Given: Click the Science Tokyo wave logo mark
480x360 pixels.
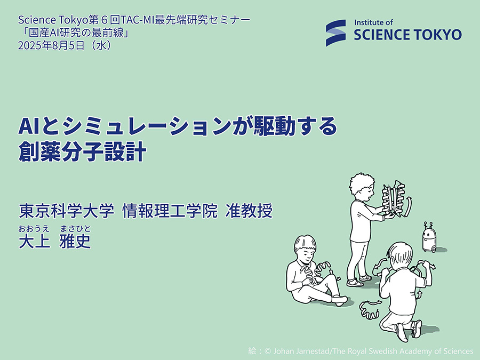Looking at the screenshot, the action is tap(336, 33).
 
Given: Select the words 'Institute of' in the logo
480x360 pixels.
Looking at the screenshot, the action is tap(373, 22).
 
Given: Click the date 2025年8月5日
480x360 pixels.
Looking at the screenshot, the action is tap(51, 45).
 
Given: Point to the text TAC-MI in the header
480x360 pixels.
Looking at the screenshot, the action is tap(138, 20).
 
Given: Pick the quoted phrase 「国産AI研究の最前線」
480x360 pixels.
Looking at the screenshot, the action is tap(74, 33).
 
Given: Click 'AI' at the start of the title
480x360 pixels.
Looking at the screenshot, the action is tap(29, 126).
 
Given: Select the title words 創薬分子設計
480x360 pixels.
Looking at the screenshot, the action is tap(82, 151).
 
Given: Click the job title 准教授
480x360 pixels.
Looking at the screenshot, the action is tap(249, 211).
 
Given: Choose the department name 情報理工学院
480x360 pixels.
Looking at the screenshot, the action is tap(170, 211).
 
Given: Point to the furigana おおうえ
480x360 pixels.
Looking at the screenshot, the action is tap(34, 229).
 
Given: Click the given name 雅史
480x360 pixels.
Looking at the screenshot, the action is tap(75, 241).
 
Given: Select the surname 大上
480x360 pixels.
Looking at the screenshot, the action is tap(34, 241).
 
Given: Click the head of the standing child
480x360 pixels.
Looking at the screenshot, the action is tap(362, 187).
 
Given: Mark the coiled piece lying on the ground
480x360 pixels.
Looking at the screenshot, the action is tap(370, 310).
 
